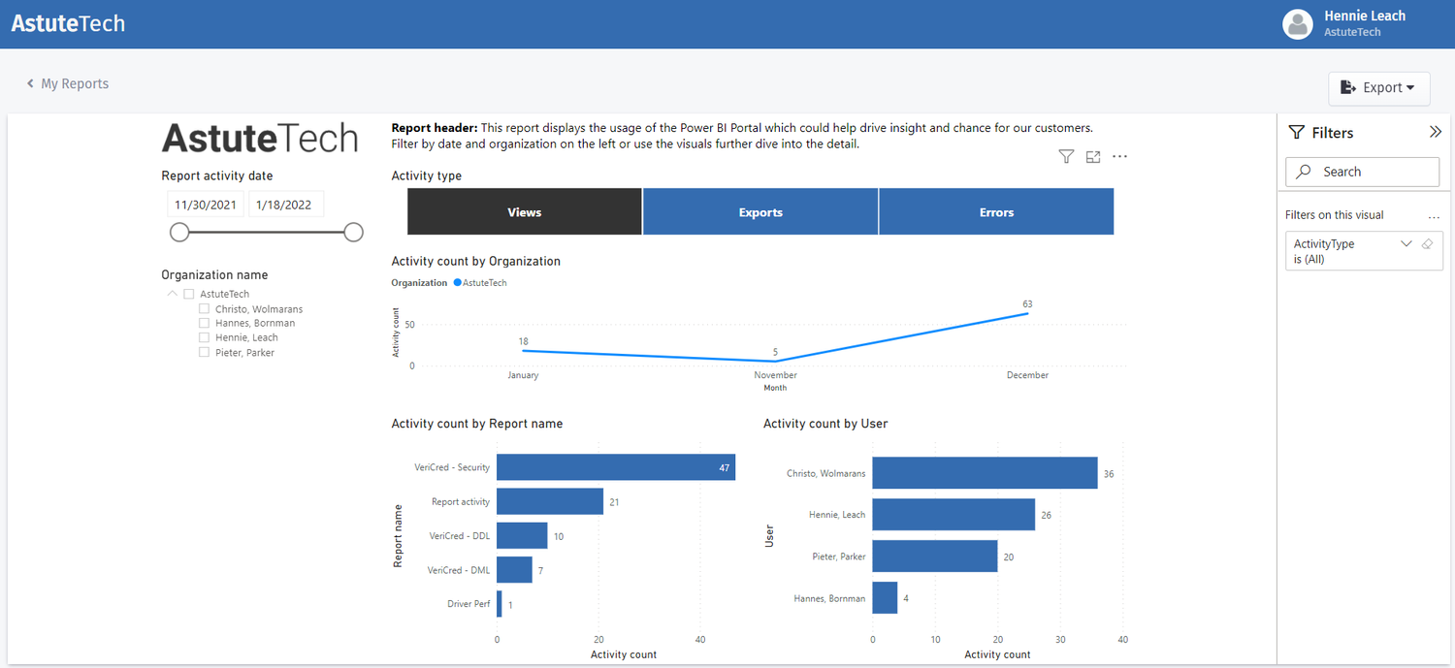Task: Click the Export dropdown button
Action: tap(1378, 87)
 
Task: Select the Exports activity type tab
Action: tap(760, 212)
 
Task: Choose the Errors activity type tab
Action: tap(996, 212)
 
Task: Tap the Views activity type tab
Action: tap(525, 212)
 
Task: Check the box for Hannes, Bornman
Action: tap(204, 324)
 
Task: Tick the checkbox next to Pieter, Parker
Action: tap(204, 353)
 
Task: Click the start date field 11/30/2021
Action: tap(206, 205)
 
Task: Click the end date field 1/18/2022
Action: tap(285, 205)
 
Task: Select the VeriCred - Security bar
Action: tap(615, 467)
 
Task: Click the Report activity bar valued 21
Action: tap(550, 501)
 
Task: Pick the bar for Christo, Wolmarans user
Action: tap(985, 473)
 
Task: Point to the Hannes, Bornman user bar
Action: tap(885, 598)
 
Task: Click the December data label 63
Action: tap(1027, 304)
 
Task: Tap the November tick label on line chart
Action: tap(775, 375)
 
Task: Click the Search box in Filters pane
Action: tap(1362, 172)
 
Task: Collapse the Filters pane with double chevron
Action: tap(1436, 133)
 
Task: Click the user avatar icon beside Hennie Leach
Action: tap(1297, 24)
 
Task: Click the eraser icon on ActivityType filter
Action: tap(1427, 244)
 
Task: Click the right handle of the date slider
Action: tap(354, 233)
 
